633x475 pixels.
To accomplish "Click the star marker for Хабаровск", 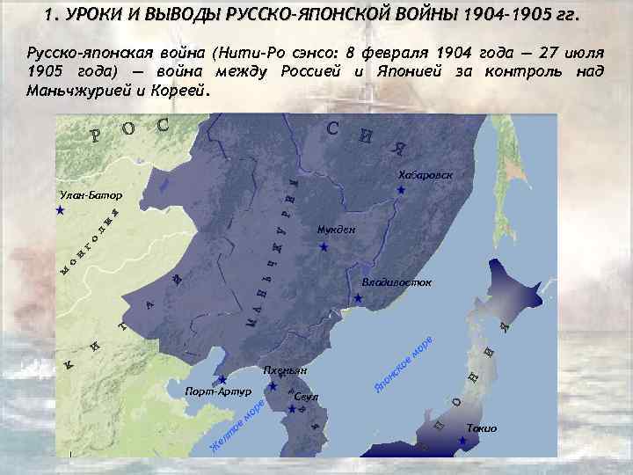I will [401, 190].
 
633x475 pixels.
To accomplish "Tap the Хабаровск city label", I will [425, 174].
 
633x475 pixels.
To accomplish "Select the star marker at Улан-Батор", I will [59, 211].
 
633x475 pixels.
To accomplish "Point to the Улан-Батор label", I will [91, 194].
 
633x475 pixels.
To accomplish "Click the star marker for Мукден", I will [324, 248].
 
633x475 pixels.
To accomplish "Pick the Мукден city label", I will [336, 230].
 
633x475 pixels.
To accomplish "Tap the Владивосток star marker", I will [358, 299].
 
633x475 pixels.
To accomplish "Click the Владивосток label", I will [397, 283].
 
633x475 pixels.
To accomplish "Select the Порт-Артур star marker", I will [222, 380].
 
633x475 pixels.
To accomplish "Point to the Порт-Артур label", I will [218, 391].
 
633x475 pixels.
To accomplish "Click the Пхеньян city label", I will [285, 370].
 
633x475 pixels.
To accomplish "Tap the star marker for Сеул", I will [292, 408].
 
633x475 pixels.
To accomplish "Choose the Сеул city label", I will [307, 397].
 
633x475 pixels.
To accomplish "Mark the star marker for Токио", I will [462, 440].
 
